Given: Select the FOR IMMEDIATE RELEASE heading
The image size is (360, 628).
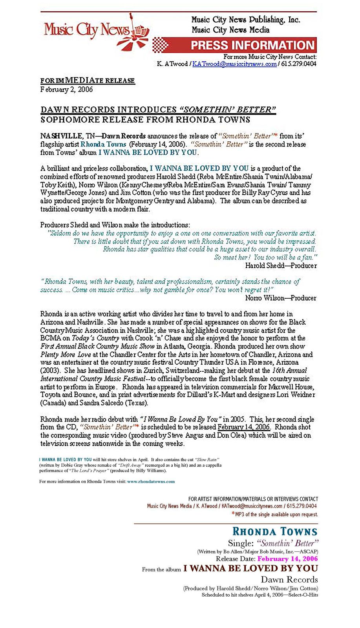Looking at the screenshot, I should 88,81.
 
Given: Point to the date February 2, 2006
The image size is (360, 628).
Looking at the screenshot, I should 66,89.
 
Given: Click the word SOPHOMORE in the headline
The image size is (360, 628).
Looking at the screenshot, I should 71,119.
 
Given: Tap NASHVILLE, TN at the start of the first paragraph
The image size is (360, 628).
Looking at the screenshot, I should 67,136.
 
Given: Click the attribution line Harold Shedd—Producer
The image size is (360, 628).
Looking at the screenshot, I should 281,266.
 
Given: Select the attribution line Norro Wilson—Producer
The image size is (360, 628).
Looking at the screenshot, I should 281,298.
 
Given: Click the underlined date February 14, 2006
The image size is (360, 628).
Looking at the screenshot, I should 244,427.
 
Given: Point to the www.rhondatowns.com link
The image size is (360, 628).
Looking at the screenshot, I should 151,481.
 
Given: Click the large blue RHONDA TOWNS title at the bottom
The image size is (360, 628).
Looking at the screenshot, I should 274,531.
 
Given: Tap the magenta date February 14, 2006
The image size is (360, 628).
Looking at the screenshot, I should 288,559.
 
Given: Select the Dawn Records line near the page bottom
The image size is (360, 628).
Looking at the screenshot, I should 289,580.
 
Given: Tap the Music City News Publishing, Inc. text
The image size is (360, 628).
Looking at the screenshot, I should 245,20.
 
